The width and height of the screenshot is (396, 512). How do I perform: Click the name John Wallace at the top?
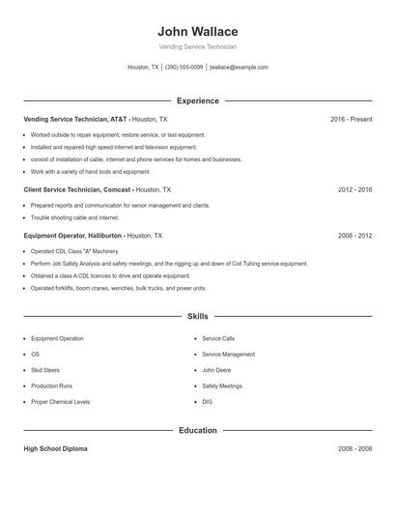197,31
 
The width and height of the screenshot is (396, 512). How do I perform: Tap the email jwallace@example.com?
239,68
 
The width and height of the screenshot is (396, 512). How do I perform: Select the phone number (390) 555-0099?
184,68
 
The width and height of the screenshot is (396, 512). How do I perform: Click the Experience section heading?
197,100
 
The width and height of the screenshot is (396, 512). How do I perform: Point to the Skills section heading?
197,316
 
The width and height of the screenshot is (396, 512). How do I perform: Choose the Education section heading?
197,430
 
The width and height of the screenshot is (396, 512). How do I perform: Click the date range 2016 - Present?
351,119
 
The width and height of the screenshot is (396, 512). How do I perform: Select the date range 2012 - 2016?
354,190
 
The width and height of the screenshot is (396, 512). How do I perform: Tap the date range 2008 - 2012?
354,235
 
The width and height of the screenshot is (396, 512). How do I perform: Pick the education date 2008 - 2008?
354,449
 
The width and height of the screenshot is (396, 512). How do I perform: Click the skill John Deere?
215,370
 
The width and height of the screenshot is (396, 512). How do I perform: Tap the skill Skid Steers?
46,370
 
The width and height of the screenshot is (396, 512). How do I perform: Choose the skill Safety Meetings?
222,385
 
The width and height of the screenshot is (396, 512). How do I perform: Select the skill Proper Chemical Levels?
60,401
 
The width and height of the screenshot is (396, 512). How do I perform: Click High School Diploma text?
56,449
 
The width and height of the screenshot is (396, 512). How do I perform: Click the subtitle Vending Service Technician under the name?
197,46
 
